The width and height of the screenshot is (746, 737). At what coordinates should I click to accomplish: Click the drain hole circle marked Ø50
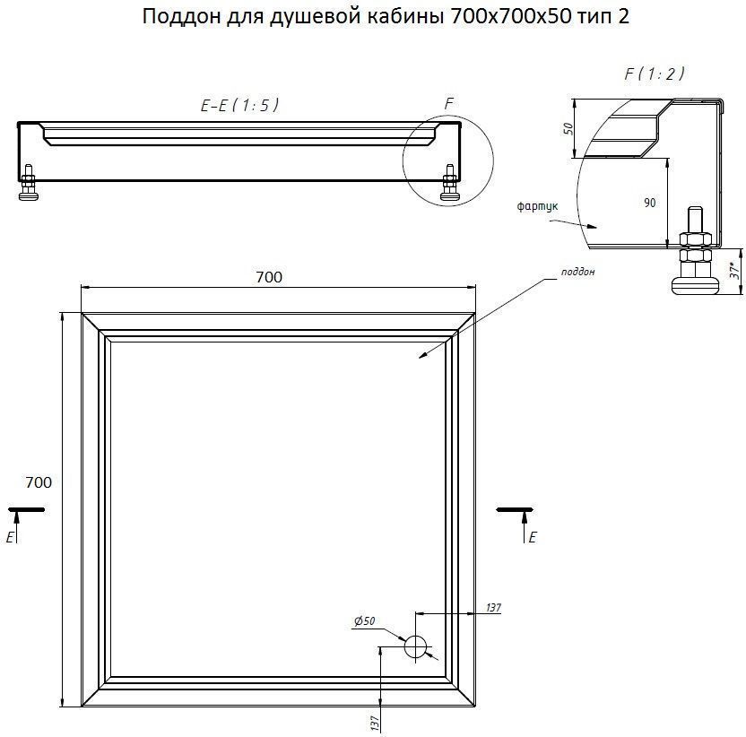pyautogui.click(x=415, y=646)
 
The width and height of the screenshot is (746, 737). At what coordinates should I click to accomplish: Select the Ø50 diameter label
pyautogui.click(x=364, y=621)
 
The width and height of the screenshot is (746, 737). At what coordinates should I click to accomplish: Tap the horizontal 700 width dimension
pyautogui.click(x=269, y=277)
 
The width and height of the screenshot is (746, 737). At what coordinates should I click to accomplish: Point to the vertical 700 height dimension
pyautogui.click(x=39, y=482)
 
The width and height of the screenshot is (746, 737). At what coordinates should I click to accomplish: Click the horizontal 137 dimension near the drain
pyautogui.click(x=493, y=608)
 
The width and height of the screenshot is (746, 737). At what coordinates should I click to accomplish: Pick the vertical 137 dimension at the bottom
pyautogui.click(x=375, y=724)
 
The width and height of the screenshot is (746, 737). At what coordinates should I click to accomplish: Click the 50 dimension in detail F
pyautogui.click(x=568, y=128)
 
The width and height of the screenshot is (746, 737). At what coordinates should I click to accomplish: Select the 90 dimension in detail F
pyautogui.click(x=649, y=203)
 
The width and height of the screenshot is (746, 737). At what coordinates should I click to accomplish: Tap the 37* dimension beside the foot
pyautogui.click(x=735, y=270)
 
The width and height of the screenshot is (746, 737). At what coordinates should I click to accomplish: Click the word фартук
pyautogui.click(x=538, y=206)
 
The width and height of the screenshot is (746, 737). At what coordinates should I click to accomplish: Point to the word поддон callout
pyautogui.click(x=578, y=272)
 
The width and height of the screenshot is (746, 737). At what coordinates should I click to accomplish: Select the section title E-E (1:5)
pyautogui.click(x=239, y=105)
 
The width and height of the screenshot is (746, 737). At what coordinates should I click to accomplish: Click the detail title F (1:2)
pyautogui.click(x=655, y=74)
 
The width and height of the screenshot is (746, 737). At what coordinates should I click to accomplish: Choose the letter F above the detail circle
pyautogui.click(x=448, y=103)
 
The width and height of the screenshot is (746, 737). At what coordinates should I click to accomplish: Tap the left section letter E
pyautogui.click(x=10, y=537)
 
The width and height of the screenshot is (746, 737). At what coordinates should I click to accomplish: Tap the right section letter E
pyautogui.click(x=533, y=537)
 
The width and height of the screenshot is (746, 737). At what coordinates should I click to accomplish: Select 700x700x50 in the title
pyautogui.click(x=510, y=17)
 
